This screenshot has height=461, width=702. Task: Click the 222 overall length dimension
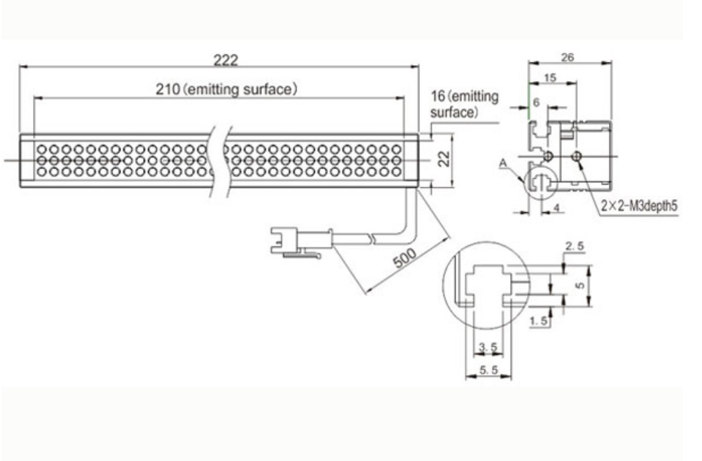point(225,61)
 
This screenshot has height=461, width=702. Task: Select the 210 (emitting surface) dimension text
point(226,89)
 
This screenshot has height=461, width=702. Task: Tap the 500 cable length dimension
point(404,257)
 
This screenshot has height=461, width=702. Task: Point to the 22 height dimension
point(444,159)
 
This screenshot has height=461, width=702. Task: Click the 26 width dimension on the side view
point(567,57)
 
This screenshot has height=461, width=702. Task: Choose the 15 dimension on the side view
point(550,77)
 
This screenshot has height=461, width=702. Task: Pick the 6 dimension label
point(536,102)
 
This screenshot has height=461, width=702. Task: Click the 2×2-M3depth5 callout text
point(639,206)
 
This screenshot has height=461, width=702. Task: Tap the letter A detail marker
point(503,164)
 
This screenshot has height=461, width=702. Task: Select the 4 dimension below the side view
point(557,208)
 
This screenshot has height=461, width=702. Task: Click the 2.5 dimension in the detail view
point(575,246)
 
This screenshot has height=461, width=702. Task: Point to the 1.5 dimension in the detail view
point(538,321)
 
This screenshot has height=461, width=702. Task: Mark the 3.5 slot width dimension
point(488,347)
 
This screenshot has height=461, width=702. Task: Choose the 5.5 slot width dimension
point(488,369)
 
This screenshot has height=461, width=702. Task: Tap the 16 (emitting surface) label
point(464,104)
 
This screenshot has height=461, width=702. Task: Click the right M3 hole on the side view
point(577,156)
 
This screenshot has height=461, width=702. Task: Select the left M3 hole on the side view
point(548,156)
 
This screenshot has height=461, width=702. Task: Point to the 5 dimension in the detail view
point(580,285)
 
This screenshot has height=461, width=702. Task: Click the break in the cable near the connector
point(373,238)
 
